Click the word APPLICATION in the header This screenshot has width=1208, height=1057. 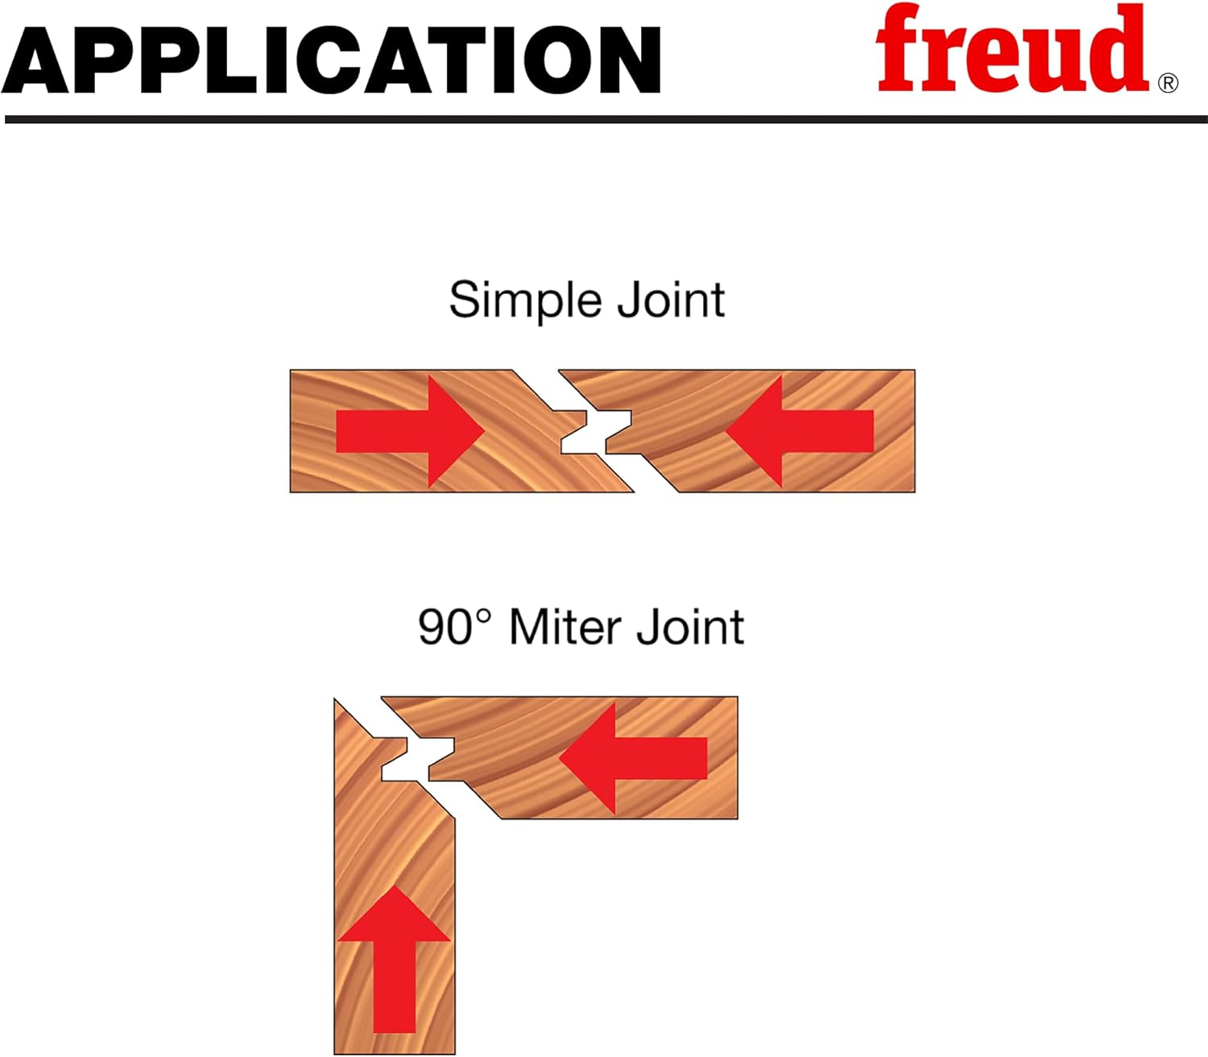coord(330,60)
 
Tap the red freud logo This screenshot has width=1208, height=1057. coord(1011,50)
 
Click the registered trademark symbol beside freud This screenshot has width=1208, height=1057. coord(1167,83)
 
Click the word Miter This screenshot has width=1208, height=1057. coord(567,627)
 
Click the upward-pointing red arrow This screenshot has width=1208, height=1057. coord(394,959)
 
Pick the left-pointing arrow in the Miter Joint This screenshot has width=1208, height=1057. coord(633,758)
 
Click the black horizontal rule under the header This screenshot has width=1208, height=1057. coord(604,119)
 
